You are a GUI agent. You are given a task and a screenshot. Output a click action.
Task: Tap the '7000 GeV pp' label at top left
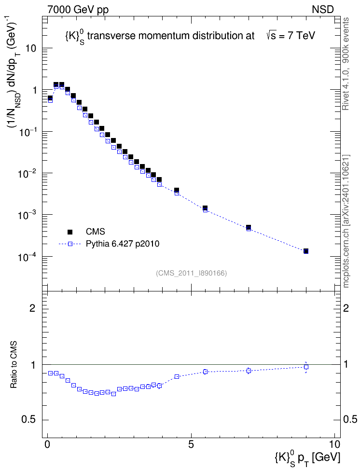pyautogui.click(x=78, y=10)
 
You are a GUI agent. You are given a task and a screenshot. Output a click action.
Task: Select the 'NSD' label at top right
pyautogui.click(x=322, y=10)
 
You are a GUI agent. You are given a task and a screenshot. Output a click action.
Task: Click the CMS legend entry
pyautogui.click(x=86, y=232)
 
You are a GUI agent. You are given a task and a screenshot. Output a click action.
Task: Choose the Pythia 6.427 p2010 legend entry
pyautogui.click(x=109, y=244)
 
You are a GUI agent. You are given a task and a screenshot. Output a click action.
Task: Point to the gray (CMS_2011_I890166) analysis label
pyautogui.click(x=192, y=273)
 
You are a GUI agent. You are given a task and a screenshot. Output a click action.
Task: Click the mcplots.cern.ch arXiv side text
pyautogui.click(x=346, y=221)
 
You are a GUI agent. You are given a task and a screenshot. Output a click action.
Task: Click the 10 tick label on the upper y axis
pyautogui.click(x=31, y=48)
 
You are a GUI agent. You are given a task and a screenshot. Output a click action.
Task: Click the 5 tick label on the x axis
pyautogui.click(x=191, y=444)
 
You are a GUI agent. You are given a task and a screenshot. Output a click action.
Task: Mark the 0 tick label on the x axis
pyautogui.click(x=47, y=444)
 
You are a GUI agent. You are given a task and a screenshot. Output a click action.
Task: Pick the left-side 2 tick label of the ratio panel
pyautogui.click(x=32, y=308)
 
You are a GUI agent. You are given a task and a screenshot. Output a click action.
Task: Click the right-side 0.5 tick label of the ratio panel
pyautogui.click(x=350, y=419)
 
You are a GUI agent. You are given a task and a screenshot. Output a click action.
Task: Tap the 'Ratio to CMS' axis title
pyautogui.click(x=14, y=365)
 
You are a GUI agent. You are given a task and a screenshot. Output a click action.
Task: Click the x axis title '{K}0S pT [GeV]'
pyautogui.click(x=307, y=457)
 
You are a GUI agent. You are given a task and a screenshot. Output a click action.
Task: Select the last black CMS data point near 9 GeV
pyautogui.click(x=306, y=251)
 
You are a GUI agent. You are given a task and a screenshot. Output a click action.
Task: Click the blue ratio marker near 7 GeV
pyautogui.click(x=249, y=371)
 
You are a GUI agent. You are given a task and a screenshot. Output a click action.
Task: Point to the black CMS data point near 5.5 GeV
pyautogui.click(x=205, y=208)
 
